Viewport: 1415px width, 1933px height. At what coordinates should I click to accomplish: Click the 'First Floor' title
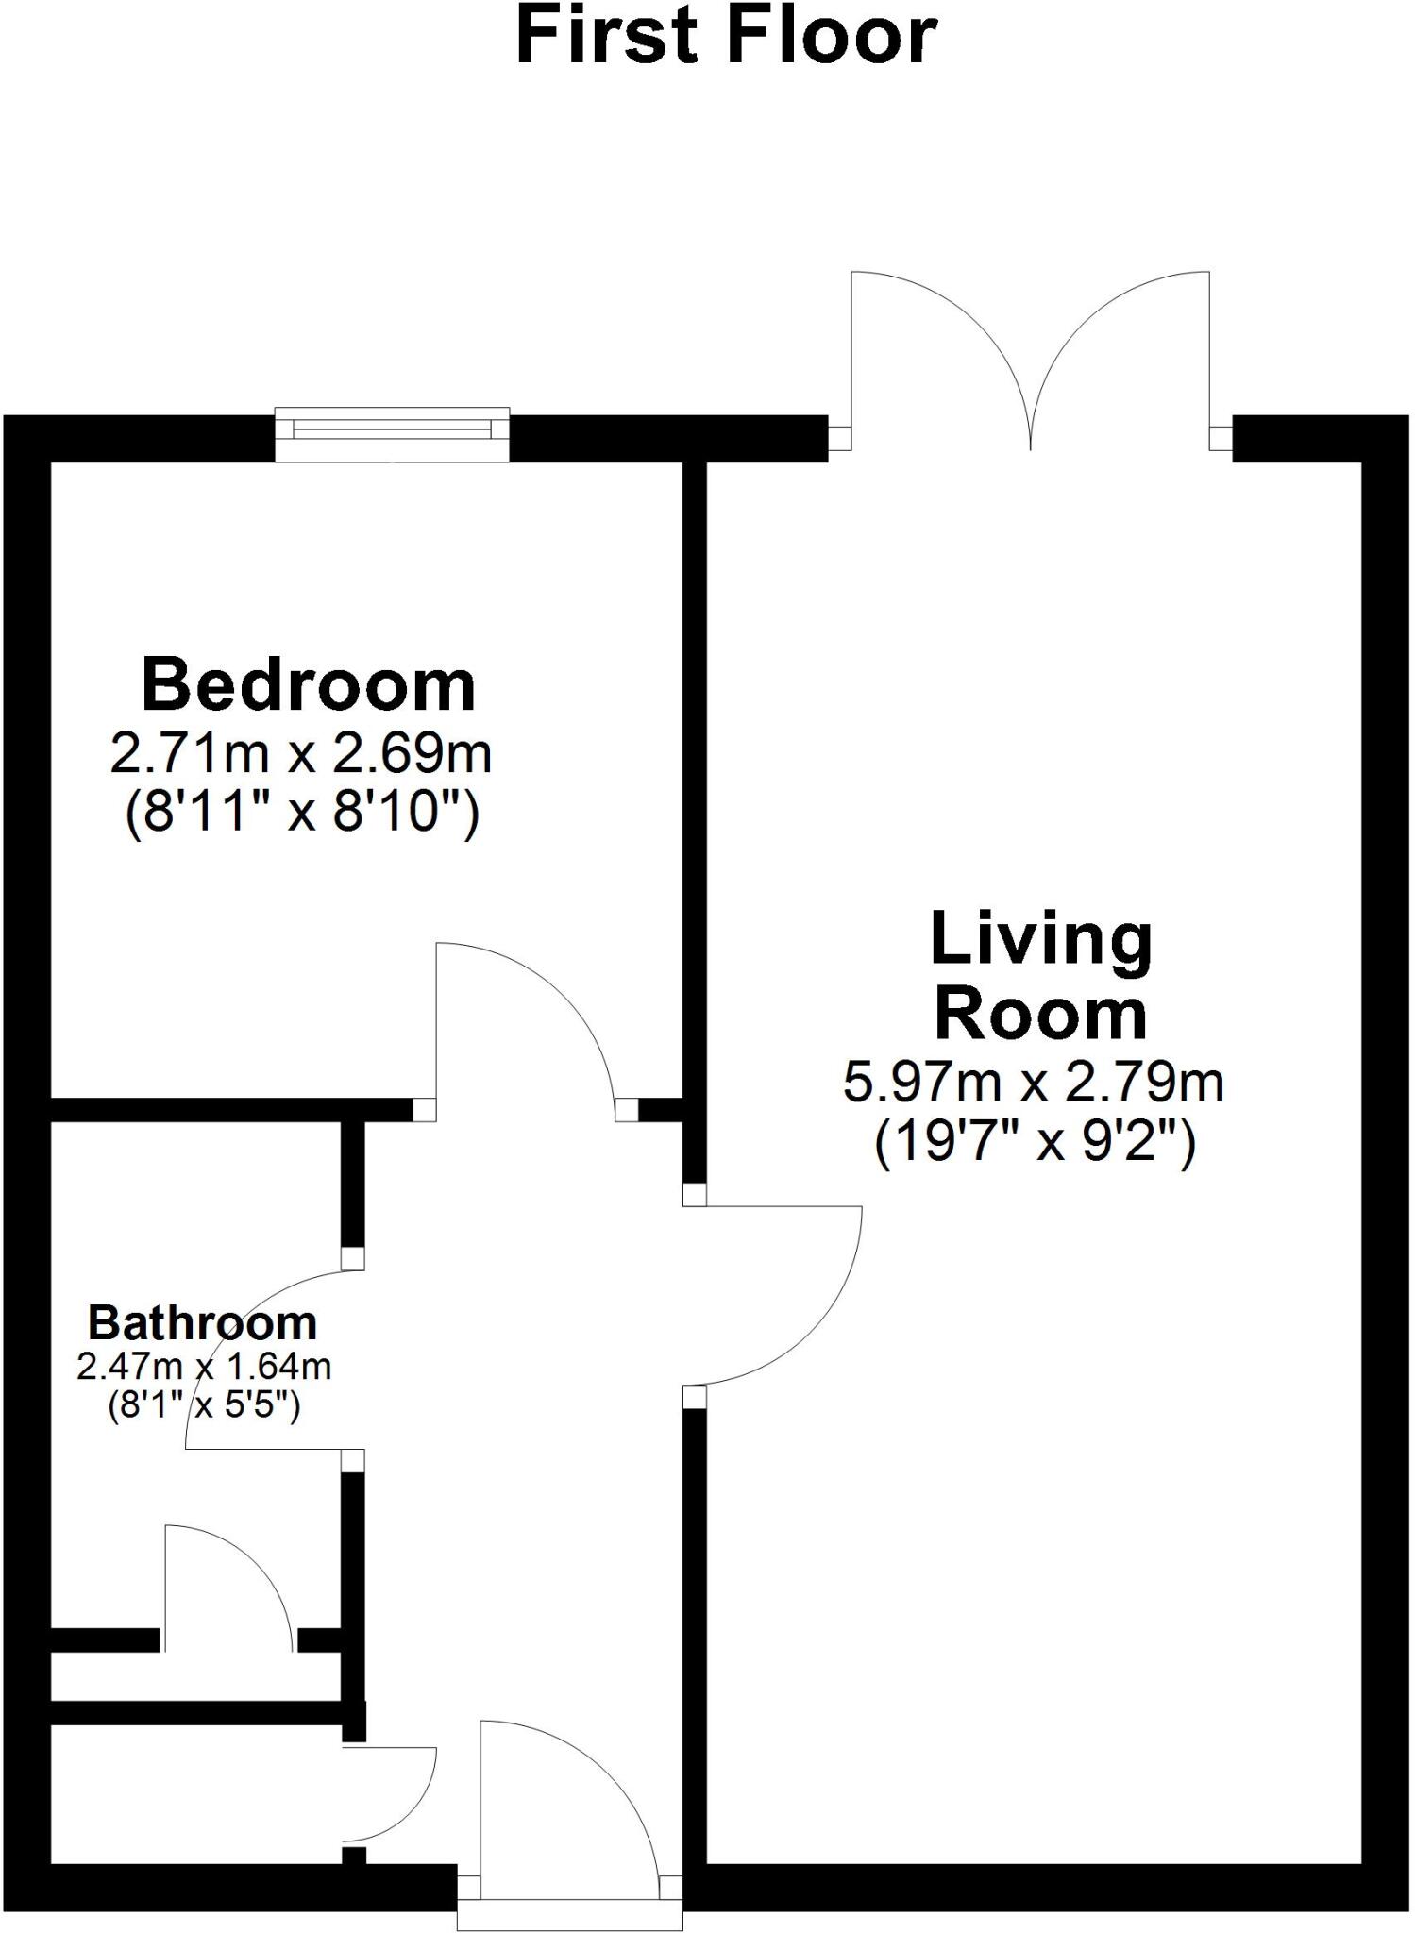click(726, 38)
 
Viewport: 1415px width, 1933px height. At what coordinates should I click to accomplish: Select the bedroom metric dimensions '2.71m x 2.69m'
click(301, 753)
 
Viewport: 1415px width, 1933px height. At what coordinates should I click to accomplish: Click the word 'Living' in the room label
click(1041, 940)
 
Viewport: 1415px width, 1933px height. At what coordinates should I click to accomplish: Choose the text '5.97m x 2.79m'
click(1033, 1082)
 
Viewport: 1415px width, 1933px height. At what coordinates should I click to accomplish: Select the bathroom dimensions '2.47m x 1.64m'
click(204, 1367)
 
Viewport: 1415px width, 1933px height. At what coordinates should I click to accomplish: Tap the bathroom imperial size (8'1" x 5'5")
click(204, 1407)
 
